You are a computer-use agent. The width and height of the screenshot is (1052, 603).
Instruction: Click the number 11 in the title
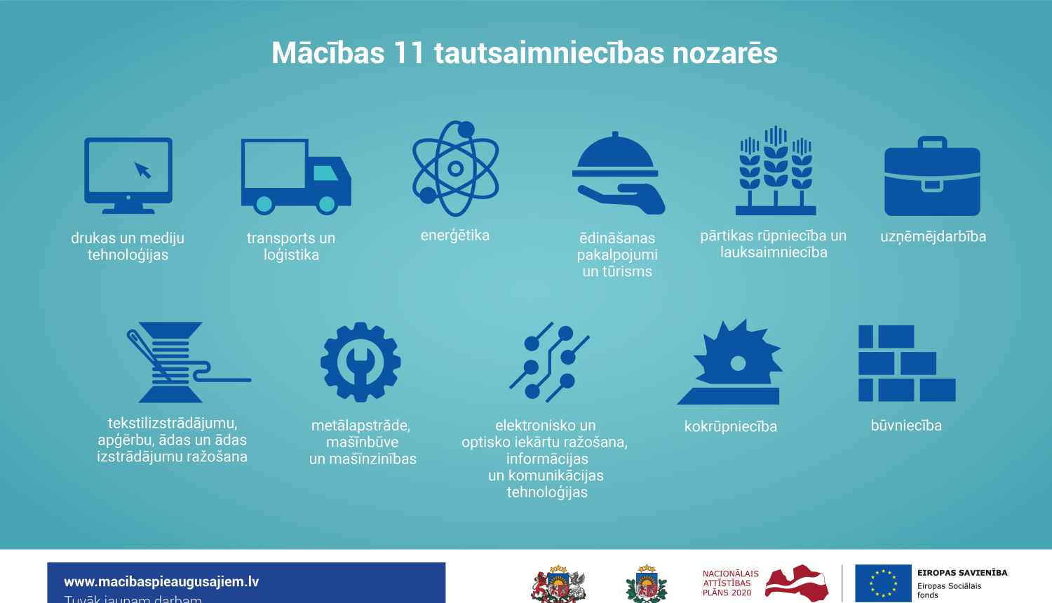pos(409,53)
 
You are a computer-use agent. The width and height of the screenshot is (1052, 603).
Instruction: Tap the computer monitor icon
pos(128,175)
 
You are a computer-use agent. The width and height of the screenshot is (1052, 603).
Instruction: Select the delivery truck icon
pos(295,176)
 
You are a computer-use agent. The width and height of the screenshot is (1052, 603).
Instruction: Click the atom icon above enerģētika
pos(455,168)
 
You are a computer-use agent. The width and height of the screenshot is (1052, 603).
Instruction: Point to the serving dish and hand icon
pos(618,174)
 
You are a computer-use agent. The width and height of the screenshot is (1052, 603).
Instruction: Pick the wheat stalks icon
pos(776,171)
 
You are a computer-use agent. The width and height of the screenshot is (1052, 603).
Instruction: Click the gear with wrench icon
pos(360,362)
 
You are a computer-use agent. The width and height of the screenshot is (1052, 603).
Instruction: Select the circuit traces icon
pos(548,362)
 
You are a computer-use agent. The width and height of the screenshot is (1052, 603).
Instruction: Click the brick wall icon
pos(906,363)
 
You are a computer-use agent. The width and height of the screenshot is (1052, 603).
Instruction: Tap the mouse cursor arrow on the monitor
pos(143,170)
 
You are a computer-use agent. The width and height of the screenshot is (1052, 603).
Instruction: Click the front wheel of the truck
pos(327,204)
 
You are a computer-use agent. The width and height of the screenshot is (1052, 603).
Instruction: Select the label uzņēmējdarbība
pos(933,237)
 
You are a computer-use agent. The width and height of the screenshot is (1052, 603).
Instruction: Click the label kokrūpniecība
pos(731,426)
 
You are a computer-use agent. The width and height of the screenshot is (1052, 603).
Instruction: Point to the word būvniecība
pos(906,426)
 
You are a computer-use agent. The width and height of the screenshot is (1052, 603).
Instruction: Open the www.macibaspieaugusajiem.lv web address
pos(161,581)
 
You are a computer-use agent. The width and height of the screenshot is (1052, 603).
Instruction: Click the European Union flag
pos(882,583)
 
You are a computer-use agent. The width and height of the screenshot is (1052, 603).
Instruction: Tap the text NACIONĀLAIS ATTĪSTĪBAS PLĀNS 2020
pos(730,583)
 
